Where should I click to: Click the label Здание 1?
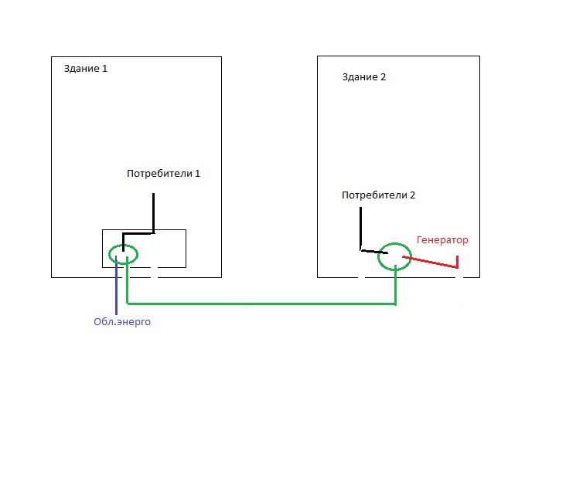[85, 69]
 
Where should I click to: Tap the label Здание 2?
[363, 77]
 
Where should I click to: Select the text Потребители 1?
[163, 174]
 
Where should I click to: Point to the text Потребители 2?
[378, 195]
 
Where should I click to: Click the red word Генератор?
[442, 240]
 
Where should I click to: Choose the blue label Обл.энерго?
[118, 322]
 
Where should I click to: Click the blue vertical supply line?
[116, 286]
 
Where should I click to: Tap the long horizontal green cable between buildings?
[263, 303]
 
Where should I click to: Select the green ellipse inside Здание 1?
[123, 254]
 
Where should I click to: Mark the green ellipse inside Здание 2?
[395, 256]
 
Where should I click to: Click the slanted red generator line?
[429, 263]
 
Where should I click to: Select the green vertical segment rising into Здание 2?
[396, 286]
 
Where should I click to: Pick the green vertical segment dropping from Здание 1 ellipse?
[127, 282]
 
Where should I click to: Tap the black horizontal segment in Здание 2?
[373, 251]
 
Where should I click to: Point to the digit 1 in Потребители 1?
[197, 174]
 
